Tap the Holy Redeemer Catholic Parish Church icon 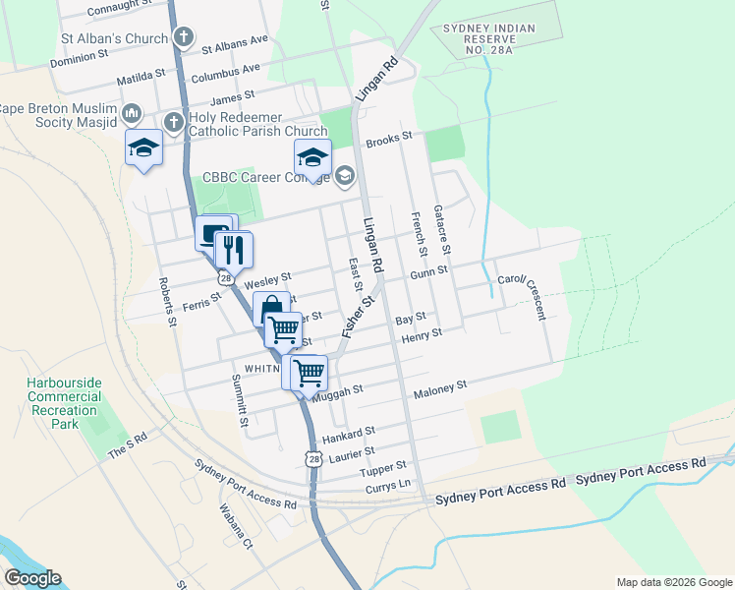(173, 122)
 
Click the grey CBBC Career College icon (344, 177)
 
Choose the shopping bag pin (272, 308)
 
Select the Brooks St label (388, 142)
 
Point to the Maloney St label (439, 389)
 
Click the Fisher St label (360, 317)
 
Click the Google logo (32, 578)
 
